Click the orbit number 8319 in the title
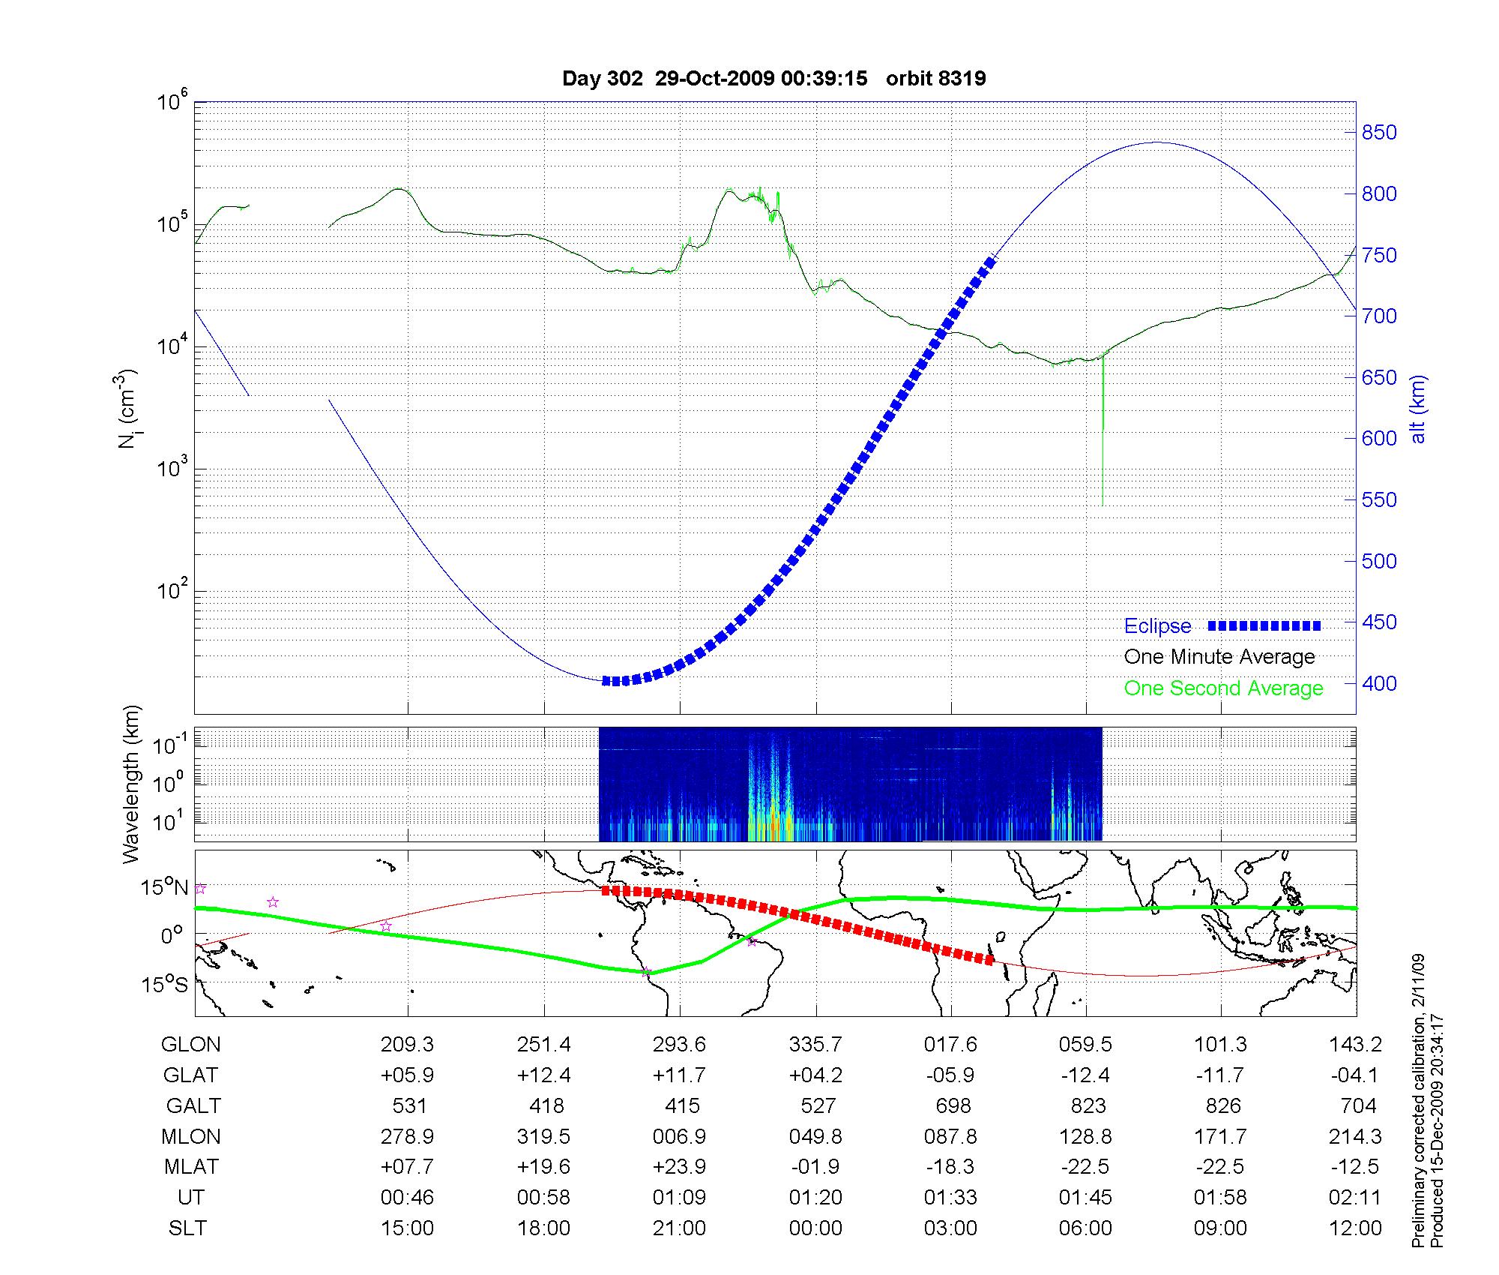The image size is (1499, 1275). [x=936, y=78]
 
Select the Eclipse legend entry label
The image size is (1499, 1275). [x=1157, y=626]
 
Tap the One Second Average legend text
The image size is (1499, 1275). [x=1223, y=688]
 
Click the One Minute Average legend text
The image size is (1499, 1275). [x=1219, y=657]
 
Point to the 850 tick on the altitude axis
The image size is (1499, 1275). [x=1379, y=133]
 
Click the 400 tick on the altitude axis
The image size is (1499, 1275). [x=1379, y=683]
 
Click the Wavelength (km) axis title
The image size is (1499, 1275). [x=132, y=784]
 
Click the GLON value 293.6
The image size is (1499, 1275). [x=679, y=1044]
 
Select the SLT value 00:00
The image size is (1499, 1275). [x=815, y=1228]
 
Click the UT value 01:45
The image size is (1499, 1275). [x=1085, y=1197]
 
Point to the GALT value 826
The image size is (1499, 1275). [x=1221, y=1105]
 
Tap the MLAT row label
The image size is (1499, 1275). [x=191, y=1167]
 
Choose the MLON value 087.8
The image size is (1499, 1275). [x=950, y=1136]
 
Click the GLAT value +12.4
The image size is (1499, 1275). [x=543, y=1075]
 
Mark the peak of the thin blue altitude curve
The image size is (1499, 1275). [x=1156, y=142]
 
